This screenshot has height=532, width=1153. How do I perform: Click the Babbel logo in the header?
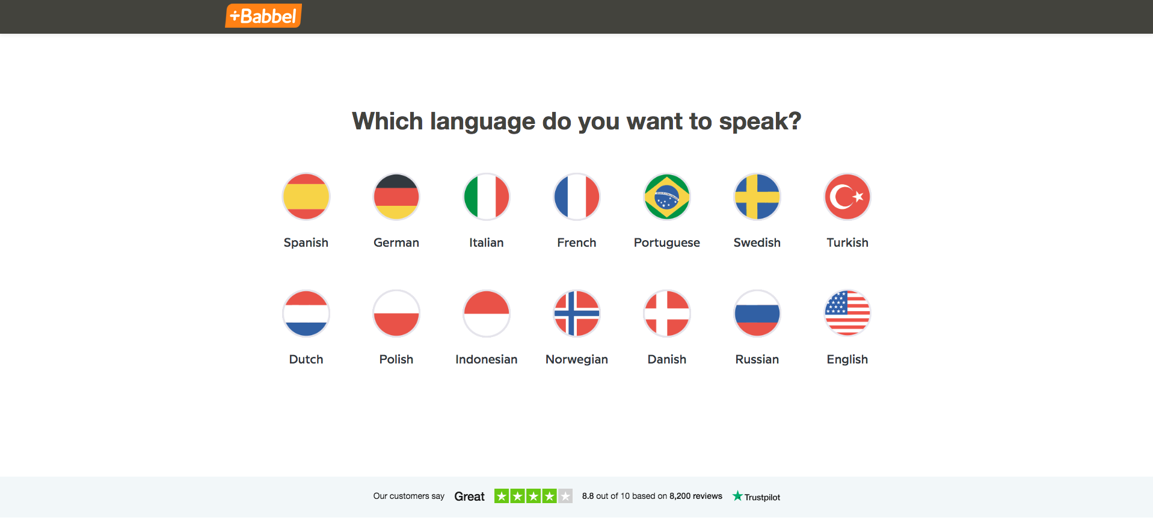(x=263, y=16)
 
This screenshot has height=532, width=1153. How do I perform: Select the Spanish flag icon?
(x=306, y=197)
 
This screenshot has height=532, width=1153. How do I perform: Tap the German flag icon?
(x=396, y=197)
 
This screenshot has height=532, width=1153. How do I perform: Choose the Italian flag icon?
(x=487, y=197)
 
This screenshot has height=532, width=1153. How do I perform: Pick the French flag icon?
(x=577, y=197)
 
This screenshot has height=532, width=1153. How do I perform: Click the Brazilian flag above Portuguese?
(x=667, y=197)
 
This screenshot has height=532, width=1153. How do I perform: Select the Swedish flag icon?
(x=757, y=197)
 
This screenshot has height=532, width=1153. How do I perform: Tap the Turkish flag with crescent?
(x=847, y=197)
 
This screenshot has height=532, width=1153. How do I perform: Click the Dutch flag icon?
(x=306, y=314)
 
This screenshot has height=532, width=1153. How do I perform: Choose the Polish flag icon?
(x=396, y=314)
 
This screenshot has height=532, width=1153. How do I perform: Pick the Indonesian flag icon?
(x=487, y=314)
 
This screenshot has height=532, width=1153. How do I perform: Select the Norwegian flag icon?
(x=577, y=314)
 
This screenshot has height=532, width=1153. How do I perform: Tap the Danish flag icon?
(x=667, y=314)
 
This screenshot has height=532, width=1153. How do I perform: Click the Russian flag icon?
(x=757, y=314)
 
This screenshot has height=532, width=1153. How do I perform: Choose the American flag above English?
(x=847, y=314)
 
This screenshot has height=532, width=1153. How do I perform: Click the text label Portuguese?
(x=667, y=243)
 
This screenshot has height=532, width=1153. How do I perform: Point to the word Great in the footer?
(x=469, y=496)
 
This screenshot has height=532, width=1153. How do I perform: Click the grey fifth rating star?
(x=565, y=496)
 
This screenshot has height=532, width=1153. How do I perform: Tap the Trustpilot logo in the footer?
(x=756, y=496)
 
